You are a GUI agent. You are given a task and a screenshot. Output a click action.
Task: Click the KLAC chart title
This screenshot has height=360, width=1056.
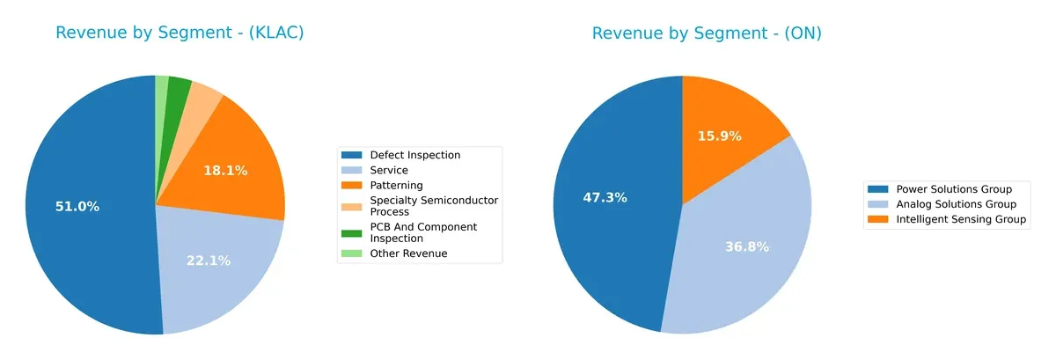click(x=180, y=33)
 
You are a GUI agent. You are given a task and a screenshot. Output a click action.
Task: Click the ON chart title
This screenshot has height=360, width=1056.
click(x=707, y=33)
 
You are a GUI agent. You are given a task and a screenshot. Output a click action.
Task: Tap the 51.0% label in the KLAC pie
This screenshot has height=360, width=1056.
click(x=77, y=207)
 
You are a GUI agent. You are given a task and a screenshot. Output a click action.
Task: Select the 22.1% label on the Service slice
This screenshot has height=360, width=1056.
click(x=209, y=261)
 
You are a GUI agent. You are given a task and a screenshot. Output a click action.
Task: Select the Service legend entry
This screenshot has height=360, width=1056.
click(x=389, y=170)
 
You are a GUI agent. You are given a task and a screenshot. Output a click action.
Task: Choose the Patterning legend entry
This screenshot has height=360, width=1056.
click(x=396, y=186)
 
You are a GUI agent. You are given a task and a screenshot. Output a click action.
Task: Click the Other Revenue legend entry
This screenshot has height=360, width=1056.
click(x=408, y=253)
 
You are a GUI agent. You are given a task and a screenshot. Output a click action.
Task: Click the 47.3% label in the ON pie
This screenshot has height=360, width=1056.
click(x=605, y=198)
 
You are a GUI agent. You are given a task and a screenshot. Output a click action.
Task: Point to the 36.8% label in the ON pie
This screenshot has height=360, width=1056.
click(x=747, y=247)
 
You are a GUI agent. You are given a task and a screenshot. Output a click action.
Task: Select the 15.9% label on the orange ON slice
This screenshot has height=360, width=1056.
click(x=719, y=136)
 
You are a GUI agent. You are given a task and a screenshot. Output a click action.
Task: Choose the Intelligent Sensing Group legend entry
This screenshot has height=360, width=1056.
click(x=961, y=220)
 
